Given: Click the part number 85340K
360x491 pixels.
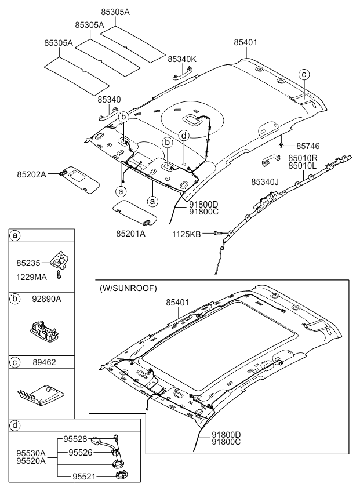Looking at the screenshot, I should (x=182, y=59).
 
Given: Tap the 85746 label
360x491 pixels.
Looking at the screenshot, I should (x=308, y=146).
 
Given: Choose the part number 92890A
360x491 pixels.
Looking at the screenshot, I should (x=48, y=300).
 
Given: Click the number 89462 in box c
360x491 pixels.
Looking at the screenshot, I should (x=47, y=363).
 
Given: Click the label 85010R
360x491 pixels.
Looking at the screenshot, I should (x=303, y=157).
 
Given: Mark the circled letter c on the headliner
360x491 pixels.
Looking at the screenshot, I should (x=304, y=74).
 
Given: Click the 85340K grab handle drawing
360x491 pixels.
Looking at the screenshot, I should (x=181, y=72).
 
